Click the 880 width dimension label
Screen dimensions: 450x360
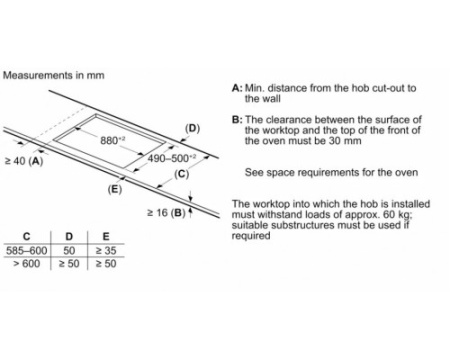pyautogui.click(x=113, y=140)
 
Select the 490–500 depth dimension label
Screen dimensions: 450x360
pyautogui.click(x=172, y=158)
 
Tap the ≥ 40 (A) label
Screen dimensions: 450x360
pyautogui.click(x=24, y=161)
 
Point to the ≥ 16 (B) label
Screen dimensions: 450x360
pyautogui.click(x=166, y=213)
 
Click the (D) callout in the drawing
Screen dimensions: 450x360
pyautogui.click(x=192, y=128)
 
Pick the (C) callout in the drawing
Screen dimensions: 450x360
pyautogui.click(x=182, y=174)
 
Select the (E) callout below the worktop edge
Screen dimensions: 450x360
pyautogui.click(x=115, y=189)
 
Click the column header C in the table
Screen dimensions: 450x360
pyautogui.click(x=27, y=237)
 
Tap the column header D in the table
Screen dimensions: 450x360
pyautogui.click(x=69, y=237)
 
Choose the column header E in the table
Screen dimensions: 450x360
pyautogui.click(x=106, y=237)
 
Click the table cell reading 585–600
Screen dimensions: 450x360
pyautogui.click(x=27, y=250)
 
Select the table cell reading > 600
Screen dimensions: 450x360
pyautogui.click(x=27, y=264)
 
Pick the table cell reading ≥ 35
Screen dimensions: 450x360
pyautogui.click(x=106, y=250)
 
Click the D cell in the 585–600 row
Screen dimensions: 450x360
pyautogui.click(x=69, y=250)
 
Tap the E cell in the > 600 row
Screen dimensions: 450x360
pyautogui.click(x=106, y=264)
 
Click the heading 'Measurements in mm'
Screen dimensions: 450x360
pyautogui.click(x=54, y=75)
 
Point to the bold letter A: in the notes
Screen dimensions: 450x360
pyautogui.click(x=237, y=88)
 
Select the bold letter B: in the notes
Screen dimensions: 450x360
pyautogui.click(x=237, y=120)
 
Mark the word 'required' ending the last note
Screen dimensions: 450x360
pyautogui.click(x=251, y=236)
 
